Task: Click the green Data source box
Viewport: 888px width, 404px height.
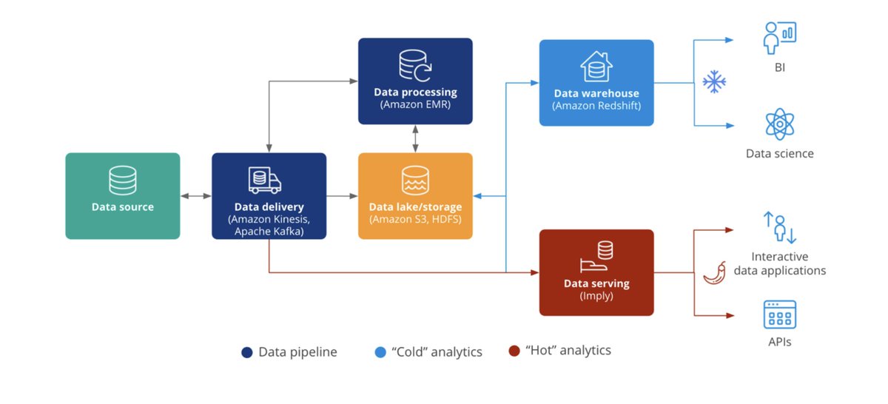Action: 122,195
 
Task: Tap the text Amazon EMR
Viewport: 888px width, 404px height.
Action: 415,105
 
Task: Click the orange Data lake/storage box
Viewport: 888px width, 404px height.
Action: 415,195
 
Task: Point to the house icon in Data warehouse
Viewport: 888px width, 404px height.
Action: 596,67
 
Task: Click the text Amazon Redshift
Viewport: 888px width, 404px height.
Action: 596,107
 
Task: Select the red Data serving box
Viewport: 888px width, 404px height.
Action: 596,272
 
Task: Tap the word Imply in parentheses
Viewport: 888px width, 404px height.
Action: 596,296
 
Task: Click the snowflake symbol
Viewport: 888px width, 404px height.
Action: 713,82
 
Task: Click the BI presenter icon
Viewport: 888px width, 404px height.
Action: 779,37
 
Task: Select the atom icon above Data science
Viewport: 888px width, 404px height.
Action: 779,124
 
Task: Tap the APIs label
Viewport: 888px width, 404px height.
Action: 779,342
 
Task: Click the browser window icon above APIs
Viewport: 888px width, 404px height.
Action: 779,314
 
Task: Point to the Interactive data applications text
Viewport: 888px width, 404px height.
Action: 779,263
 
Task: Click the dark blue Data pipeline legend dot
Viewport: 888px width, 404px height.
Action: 247,352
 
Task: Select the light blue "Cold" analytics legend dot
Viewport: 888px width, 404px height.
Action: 380,352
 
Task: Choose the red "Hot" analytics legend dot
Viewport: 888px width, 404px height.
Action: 514,351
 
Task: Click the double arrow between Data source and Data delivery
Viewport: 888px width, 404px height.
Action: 195,196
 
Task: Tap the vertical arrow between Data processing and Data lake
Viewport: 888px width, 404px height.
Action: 415,138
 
